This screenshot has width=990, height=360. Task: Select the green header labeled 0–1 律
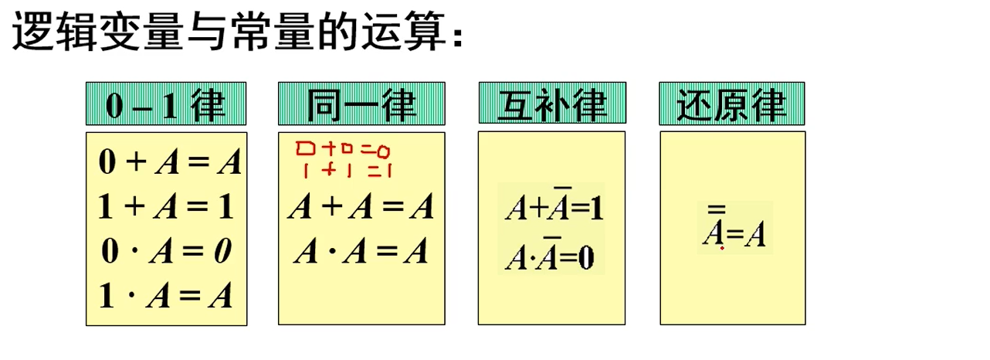tap(166, 104)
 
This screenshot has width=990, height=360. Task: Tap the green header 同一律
tap(361, 104)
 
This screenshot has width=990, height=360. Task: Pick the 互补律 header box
tap(551, 104)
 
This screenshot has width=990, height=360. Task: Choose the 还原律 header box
tap(731, 104)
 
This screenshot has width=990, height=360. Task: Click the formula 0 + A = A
tap(170, 162)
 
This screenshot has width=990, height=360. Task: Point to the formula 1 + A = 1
tap(166, 207)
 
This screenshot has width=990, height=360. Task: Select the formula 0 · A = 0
tap(166, 252)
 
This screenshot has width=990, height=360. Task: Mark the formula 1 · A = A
tap(166, 297)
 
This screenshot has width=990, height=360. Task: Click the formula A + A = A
tap(361, 208)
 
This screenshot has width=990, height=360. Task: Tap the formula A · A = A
tap(361, 252)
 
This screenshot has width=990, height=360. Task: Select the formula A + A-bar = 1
tap(553, 209)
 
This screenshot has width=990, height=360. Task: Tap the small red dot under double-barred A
tap(722, 249)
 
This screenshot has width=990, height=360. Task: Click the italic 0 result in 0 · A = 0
tap(222, 252)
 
